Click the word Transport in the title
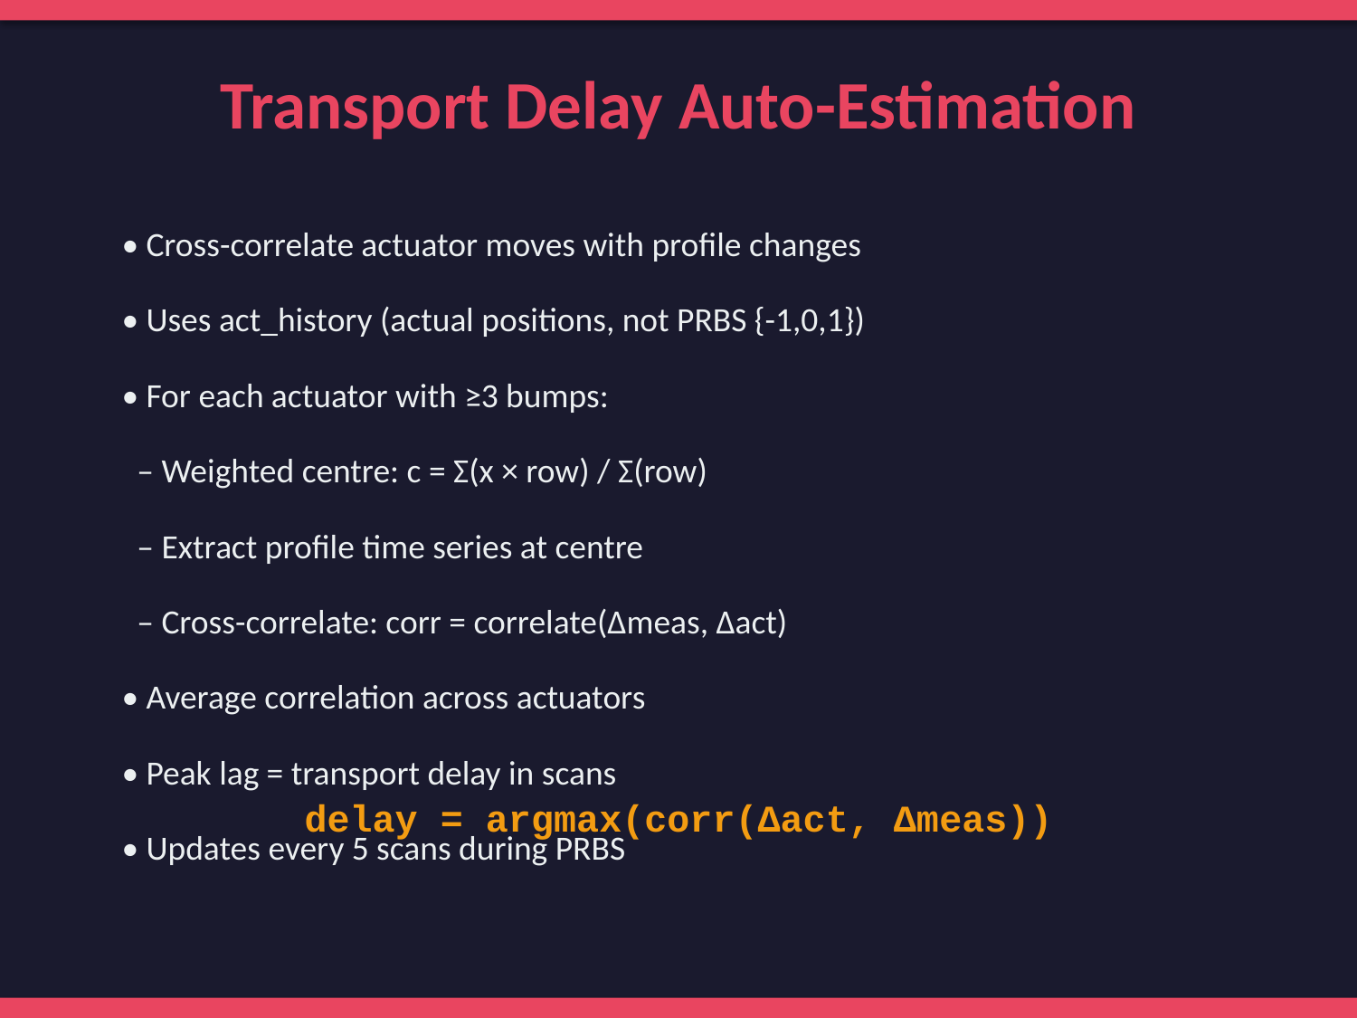pyautogui.click(x=355, y=108)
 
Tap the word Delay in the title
pyautogui.click(x=584, y=108)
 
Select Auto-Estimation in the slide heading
pyautogui.click(x=906, y=106)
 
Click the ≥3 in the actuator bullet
pyautogui.click(x=481, y=397)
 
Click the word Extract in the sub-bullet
pyautogui.click(x=209, y=547)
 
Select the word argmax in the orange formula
pyautogui.click(x=554, y=822)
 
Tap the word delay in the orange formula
pyautogui.click(x=361, y=820)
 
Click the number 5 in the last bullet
pyautogui.click(x=360, y=850)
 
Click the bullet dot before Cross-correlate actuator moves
pyautogui.click(x=130, y=247)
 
